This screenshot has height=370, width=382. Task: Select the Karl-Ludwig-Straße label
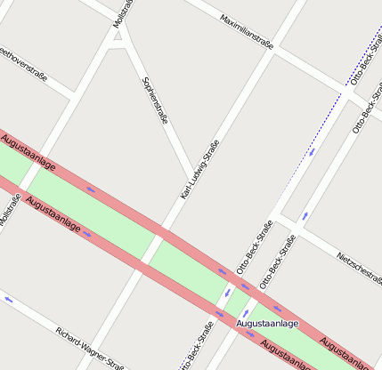[x=200, y=168]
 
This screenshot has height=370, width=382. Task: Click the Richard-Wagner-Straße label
[x=89, y=348]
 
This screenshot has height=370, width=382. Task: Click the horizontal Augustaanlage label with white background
[x=267, y=324]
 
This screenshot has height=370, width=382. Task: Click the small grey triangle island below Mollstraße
[x=117, y=37]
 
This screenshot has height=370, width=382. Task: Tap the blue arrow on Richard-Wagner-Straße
[x=9, y=299]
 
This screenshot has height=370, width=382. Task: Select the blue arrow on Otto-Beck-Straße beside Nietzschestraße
[x=305, y=215]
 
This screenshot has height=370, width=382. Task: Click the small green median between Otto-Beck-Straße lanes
[x=236, y=302]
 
